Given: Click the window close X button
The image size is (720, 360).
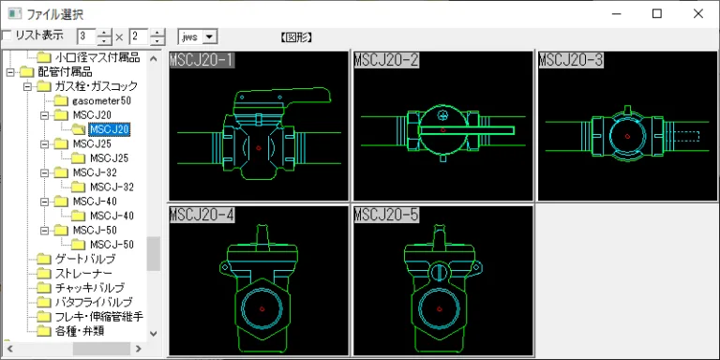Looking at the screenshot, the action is [697, 14].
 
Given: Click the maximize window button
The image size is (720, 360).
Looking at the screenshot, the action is [657, 14].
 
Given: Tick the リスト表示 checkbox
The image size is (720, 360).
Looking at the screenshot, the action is [7, 36].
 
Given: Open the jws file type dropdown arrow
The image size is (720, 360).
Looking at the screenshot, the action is [210, 37].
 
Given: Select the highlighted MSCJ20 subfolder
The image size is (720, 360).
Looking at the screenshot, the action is [110, 129].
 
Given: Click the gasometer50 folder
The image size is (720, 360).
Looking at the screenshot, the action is [95, 100].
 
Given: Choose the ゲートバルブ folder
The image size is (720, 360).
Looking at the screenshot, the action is [85, 259].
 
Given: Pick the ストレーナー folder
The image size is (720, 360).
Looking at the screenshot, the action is [83, 274].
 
